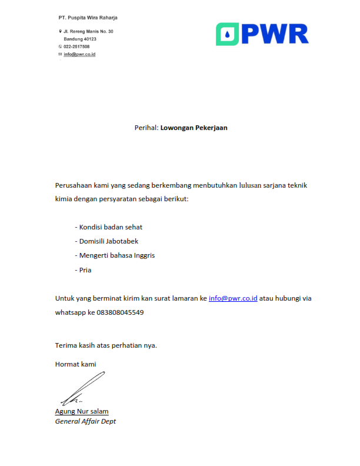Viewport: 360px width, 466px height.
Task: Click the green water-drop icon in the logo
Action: click(x=227, y=34)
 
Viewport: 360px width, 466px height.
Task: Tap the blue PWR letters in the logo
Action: click(x=274, y=34)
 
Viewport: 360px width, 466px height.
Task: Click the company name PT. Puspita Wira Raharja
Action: click(x=88, y=18)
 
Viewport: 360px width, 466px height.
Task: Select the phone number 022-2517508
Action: click(x=76, y=46)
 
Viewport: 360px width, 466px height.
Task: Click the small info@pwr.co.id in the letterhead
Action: click(x=79, y=54)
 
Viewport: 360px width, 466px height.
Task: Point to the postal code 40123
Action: click(x=88, y=39)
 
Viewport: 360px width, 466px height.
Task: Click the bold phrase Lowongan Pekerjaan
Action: click(x=194, y=127)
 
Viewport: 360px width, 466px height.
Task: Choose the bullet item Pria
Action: click(x=85, y=270)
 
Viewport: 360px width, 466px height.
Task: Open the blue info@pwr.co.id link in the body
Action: click(x=233, y=298)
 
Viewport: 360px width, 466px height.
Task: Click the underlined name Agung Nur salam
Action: click(x=82, y=411)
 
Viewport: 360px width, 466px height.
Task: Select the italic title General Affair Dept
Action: click(x=85, y=421)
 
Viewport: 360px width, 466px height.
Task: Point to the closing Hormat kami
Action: click(x=75, y=364)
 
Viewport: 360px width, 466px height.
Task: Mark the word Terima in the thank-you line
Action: click(x=66, y=345)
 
